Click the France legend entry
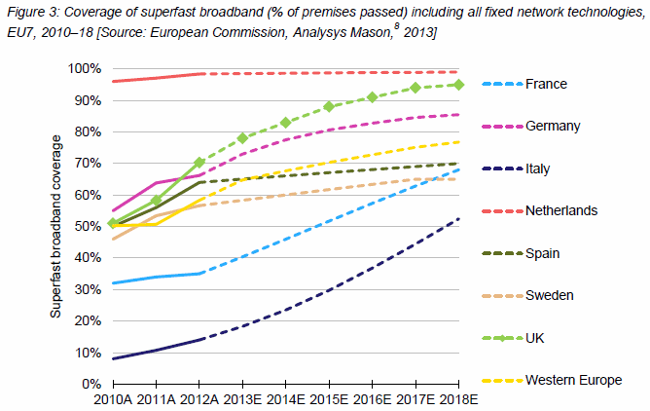coord(546,84)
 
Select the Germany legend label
coord(553,126)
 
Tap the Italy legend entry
coord(540,168)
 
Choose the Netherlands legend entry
coord(562,210)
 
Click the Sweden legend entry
coord(550,295)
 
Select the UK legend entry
coord(536,337)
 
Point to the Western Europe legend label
coord(574,379)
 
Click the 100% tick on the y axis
coord(83,69)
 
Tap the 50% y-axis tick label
coord(86,227)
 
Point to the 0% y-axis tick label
coord(90,384)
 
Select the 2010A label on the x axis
coord(113,399)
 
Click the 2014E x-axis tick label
coord(286,399)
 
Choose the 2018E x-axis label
coord(459,399)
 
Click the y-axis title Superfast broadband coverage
coord(57,226)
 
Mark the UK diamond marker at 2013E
coord(243,138)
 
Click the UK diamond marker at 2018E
coord(459,85)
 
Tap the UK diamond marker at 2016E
coord(373,97)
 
